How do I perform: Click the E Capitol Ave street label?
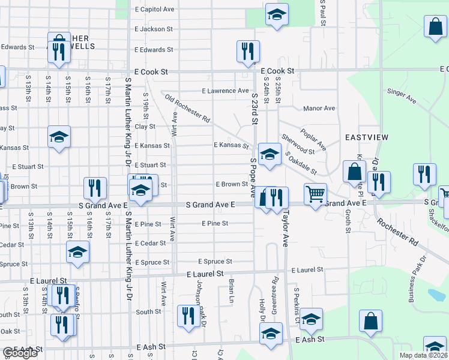(x=154, y=10)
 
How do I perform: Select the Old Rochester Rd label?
(x=187, y=110)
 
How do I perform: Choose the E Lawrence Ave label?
(x=225, y=91)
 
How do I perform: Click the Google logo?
(x=19, y=353)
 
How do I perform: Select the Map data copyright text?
(x=423, y=355)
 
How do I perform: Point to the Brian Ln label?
(x=231, y=290)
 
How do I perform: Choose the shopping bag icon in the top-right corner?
(x=435, y=26)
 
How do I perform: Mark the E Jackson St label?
(x=154, y=29)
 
